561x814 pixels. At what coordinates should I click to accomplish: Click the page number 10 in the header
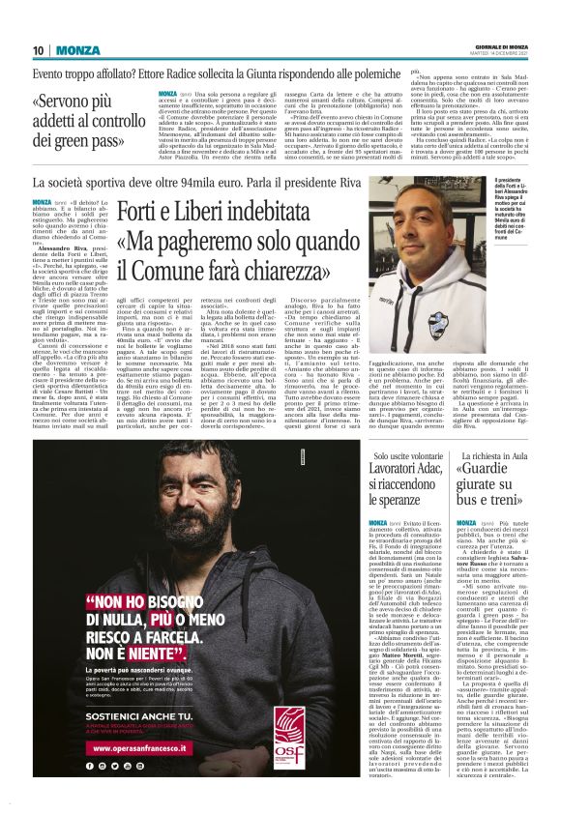pyautogui.click(x=38, y=50)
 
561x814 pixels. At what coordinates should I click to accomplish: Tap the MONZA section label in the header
pyautogui.click(x=77, y=50)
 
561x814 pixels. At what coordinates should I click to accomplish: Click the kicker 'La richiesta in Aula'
pyautogui.click(x=487, y=454)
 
